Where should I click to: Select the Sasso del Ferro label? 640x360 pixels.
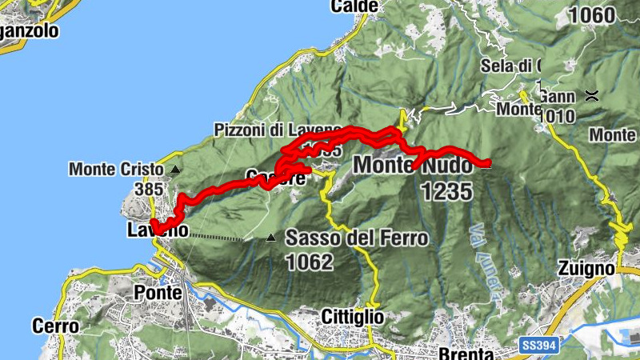point(356,238)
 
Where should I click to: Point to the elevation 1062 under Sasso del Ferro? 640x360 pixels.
point(309,261)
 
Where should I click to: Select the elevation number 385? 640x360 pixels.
point(150,190)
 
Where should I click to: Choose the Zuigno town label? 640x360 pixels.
point(588,269)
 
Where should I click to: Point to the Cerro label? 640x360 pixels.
point(56,326)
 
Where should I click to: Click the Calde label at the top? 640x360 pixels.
point(354,6)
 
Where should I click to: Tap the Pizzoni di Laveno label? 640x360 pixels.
point(277,130)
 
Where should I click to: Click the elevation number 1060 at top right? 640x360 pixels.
point(591,14)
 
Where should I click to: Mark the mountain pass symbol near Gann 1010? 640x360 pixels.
point(592,95)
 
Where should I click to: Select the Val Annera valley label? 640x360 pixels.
point(483,248)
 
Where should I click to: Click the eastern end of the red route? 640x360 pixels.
point(486,164)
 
